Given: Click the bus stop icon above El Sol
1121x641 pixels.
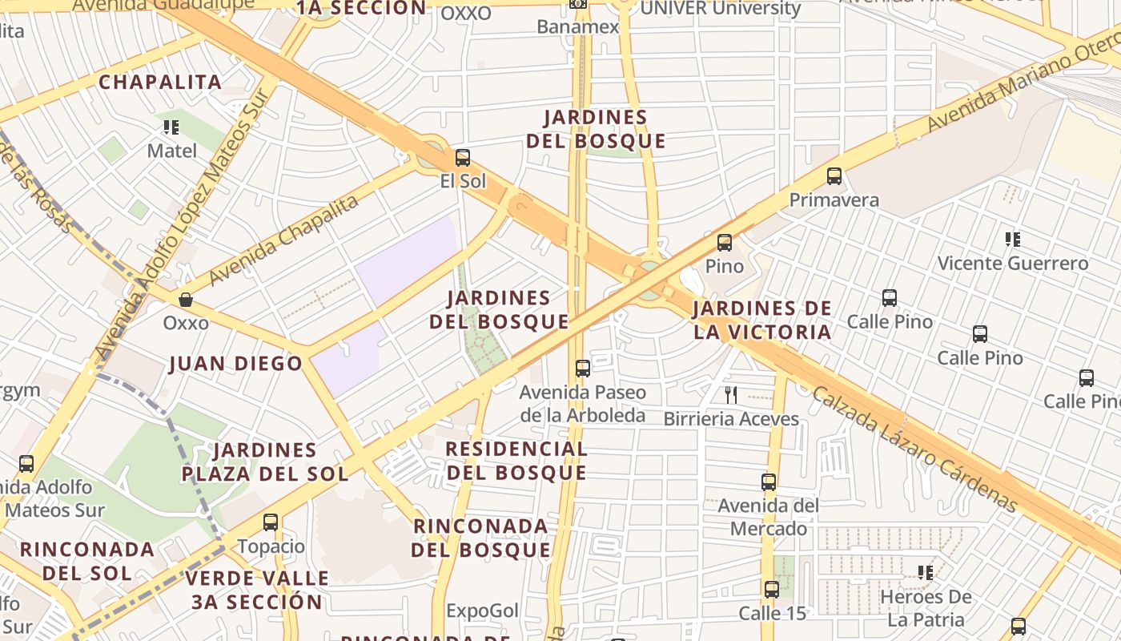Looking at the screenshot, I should pos(462,158).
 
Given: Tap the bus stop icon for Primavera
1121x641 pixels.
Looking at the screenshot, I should pos(834,176).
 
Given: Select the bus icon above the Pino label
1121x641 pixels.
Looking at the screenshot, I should pos(725,242).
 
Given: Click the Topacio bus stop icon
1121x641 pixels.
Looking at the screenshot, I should pos(271,522).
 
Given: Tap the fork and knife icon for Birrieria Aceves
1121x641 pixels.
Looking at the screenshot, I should pos(730,394).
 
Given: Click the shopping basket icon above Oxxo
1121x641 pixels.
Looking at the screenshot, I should pos(186,300).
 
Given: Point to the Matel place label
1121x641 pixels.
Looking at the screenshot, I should pos(171,151).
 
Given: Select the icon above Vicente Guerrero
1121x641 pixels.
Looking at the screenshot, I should pos(1013,239).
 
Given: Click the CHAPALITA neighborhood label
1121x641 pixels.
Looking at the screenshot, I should pos(160,82).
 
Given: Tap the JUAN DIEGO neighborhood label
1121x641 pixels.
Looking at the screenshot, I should pos(236,364).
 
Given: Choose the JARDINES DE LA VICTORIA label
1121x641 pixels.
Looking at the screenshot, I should pos(762,320).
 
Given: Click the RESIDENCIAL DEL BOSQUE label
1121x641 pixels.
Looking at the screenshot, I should pos(516,461).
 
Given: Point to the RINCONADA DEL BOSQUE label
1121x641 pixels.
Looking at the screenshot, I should pos(480,538).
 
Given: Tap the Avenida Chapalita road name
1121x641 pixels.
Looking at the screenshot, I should pos(283,240).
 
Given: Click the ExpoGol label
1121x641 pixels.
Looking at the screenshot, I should pos(483,611).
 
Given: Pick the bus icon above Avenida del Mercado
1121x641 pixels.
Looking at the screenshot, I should pos(769,482).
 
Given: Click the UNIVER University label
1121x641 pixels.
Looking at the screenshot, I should pos(721,9).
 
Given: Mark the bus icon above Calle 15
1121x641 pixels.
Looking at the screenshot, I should pos(771,590).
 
